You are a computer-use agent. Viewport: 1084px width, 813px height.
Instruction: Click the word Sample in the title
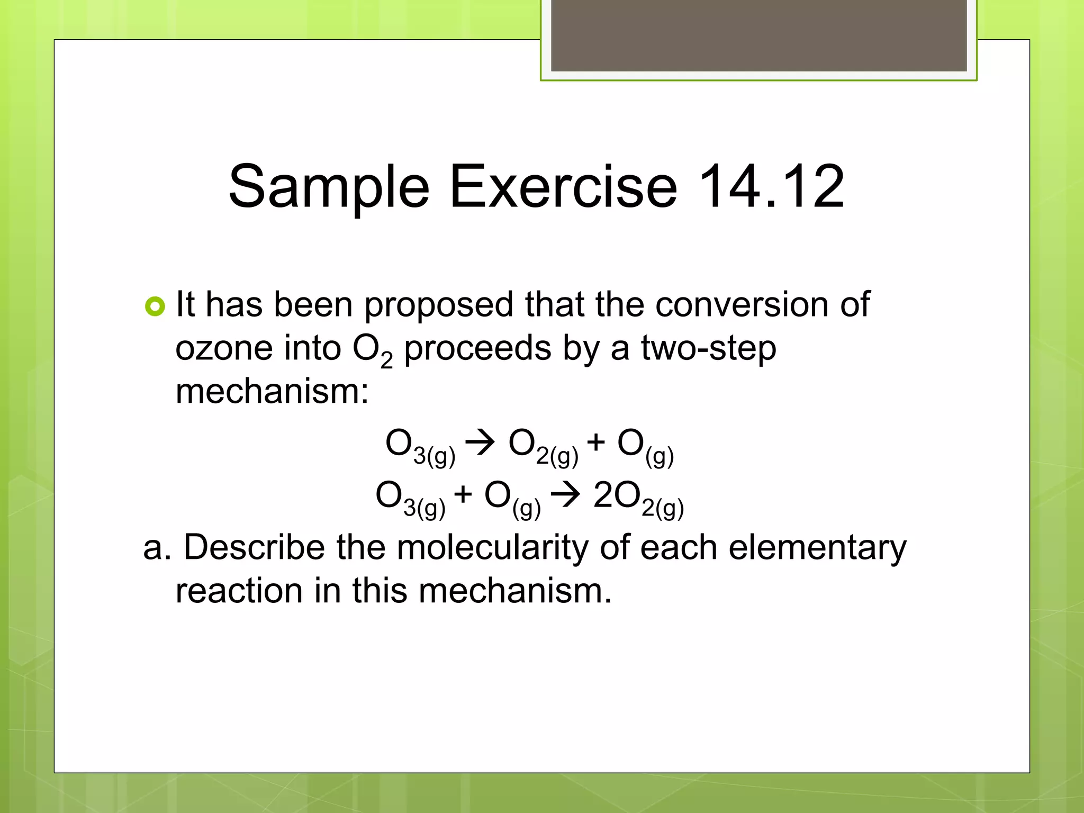click(x=328, y=187)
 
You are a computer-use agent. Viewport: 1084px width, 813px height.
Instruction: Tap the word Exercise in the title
click(x=563, y=187)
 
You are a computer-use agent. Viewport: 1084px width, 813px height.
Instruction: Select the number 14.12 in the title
click(x=771, y=187)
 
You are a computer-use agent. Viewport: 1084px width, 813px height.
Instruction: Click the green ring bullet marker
click(x=155, y=306)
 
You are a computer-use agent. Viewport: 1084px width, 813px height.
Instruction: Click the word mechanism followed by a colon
click(x=272, y=392)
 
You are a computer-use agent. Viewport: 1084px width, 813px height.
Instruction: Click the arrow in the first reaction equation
click(x=480, y=442)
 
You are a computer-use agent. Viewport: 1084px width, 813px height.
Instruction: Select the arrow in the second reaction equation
click(x=565, y=495)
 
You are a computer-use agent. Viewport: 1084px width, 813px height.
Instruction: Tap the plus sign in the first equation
click(x=595, y=442)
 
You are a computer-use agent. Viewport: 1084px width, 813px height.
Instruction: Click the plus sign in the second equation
click(x=463, y=495)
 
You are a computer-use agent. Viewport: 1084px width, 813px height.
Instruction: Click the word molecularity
click(x=492, y=547)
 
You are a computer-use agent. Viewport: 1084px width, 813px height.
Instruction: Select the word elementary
click(x=817, y=548)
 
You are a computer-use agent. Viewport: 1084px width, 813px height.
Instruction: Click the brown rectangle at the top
click(x=758, y=35)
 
